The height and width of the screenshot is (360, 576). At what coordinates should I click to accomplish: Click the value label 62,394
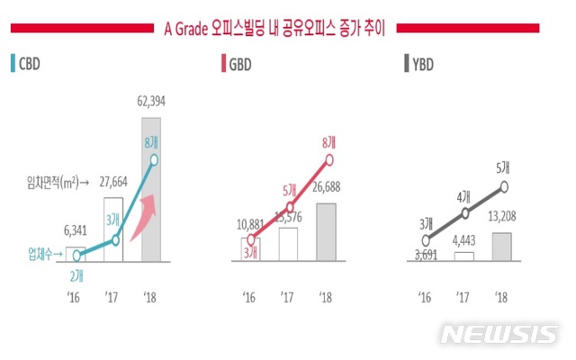pos(157,76)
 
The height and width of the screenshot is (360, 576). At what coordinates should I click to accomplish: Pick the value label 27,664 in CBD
pos(117,181)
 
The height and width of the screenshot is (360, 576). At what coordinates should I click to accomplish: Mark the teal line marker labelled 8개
pos(157,161)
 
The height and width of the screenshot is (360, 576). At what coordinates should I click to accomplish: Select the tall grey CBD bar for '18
pos(157,207)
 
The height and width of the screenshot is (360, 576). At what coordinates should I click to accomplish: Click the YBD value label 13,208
pos(503,219)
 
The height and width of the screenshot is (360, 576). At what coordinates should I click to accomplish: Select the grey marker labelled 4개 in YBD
pos(463,213)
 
